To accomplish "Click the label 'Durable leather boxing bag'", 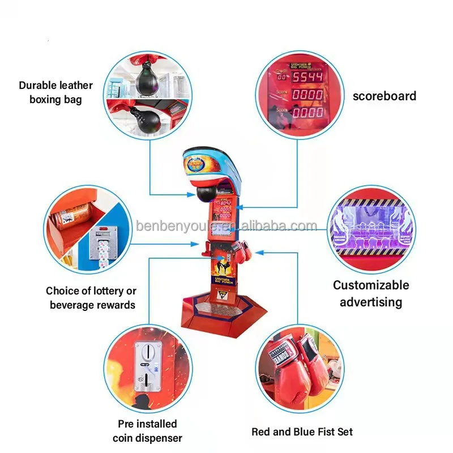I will (55, 92).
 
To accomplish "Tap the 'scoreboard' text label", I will (384, 96).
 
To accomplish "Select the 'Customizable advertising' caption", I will (371, 293).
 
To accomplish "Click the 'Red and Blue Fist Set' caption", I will (302, 432).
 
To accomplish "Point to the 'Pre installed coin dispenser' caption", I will (147, 431).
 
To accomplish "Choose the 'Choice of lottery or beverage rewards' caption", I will (91, 298).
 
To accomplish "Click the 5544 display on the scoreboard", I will (307, 76).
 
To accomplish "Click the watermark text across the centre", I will (226, 226).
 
